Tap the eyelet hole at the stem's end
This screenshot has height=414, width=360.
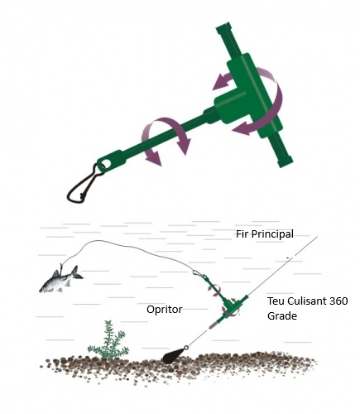pyautogui.click(x=103, y=166)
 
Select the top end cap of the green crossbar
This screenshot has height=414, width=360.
pyautogui.click(x=223, y=28)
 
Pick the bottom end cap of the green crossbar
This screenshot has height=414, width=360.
pyautogui.click(x=286, y=162)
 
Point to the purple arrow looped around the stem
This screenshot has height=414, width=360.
pyautogui.click(x=166, y=138)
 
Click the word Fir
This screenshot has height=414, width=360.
pyautogui.click(x=242, y=234)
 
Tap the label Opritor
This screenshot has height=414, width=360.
pyautogui.click(x=165, y=310)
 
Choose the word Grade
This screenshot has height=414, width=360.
pyautogui.click(x=282, y=315)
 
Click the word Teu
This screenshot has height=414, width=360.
pyautogui.click(x=276, y=301)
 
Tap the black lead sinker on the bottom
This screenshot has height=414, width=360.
pyautogui.click(x=173, y=356)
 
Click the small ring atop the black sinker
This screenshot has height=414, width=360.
pyautogui.click(x=186, y=347)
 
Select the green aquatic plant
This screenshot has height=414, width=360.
pyautogui.click(x=108, y=341)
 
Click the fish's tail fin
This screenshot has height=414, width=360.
pyautogui.click(x=76, y=273)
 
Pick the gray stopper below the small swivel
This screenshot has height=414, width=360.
pyautogui.click(x=212, y=325)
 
